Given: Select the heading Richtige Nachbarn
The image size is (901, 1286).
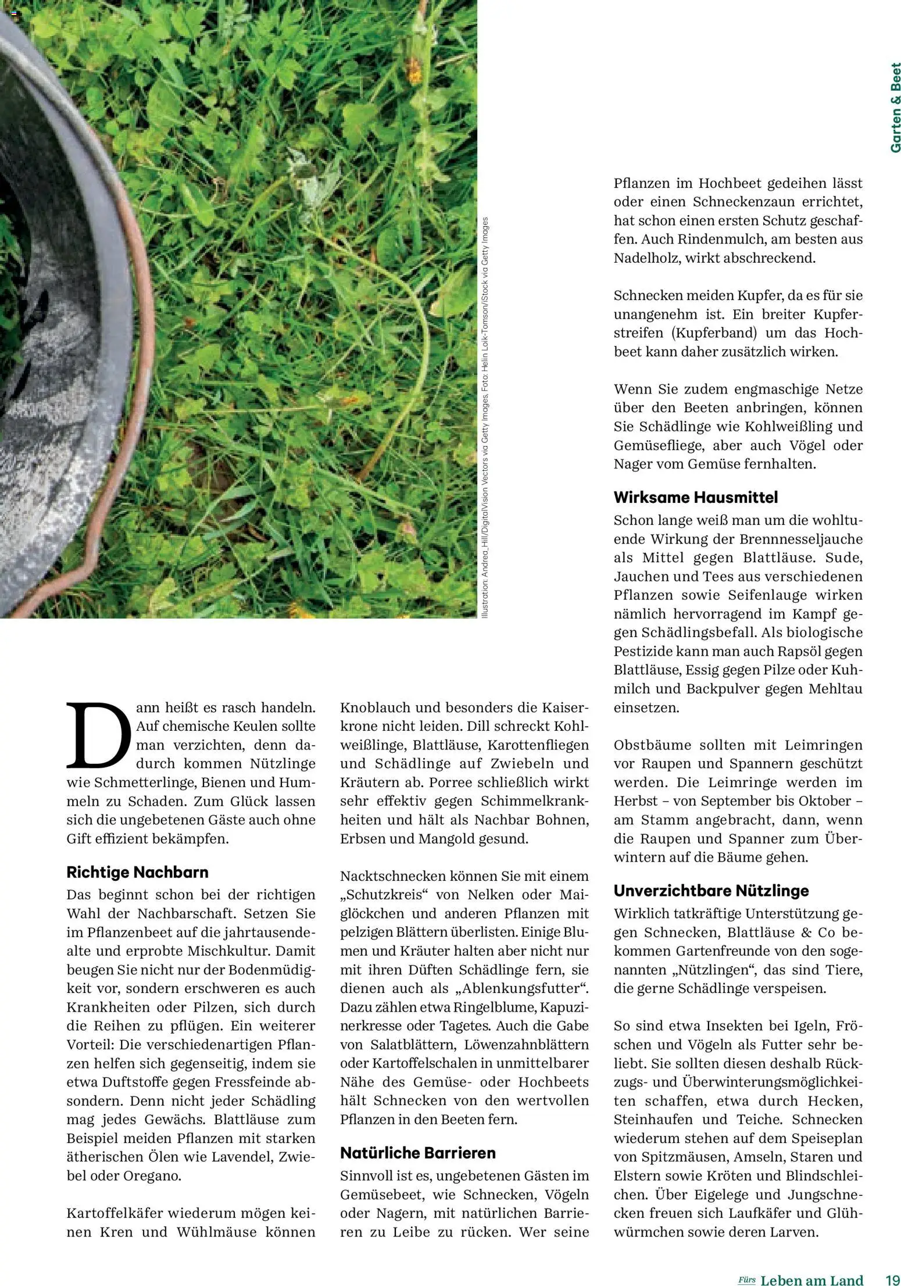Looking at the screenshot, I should click(x=137, y=872).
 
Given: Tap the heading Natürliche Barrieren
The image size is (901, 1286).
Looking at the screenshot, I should click(x=417, y=1153).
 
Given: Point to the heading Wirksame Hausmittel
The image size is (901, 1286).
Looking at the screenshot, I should click(x=695, y=497).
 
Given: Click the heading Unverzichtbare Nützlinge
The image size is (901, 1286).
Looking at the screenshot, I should click(x=711, y=891).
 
